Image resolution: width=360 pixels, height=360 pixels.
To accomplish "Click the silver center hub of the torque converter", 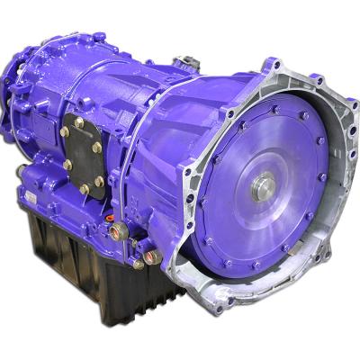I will [x=264, y=187].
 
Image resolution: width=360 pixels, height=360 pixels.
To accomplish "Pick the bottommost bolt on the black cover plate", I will [x=85, y=190].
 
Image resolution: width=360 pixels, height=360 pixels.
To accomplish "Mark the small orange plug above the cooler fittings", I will [x=109, y=218].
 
